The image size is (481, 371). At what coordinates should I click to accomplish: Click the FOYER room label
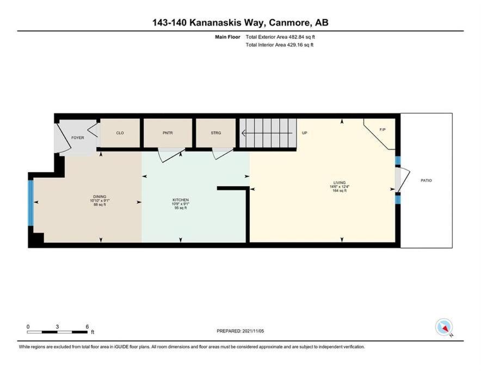78,138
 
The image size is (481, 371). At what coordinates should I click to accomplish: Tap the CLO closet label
120,133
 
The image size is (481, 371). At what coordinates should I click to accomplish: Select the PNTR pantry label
168,133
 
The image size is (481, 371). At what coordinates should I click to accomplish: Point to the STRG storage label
216,133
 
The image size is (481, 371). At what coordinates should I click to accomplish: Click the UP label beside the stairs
305,133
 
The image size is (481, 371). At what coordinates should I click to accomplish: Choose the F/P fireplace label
383,130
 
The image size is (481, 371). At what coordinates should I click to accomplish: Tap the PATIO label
426,181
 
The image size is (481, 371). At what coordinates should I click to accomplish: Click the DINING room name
100,197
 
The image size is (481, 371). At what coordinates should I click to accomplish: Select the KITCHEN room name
181,200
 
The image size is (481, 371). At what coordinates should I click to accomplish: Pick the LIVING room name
340,183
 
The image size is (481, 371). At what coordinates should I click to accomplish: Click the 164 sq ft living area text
340,191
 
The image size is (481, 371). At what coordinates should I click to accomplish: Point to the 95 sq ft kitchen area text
181,208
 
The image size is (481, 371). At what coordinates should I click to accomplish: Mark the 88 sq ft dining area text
100,205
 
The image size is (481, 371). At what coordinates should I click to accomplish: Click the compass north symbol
445,328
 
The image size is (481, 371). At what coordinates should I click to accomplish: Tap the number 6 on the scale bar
87,326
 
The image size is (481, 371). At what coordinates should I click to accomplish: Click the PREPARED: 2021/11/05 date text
240,331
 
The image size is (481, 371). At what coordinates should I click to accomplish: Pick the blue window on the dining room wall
30,203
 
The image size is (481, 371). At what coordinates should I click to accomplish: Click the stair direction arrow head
244,133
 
